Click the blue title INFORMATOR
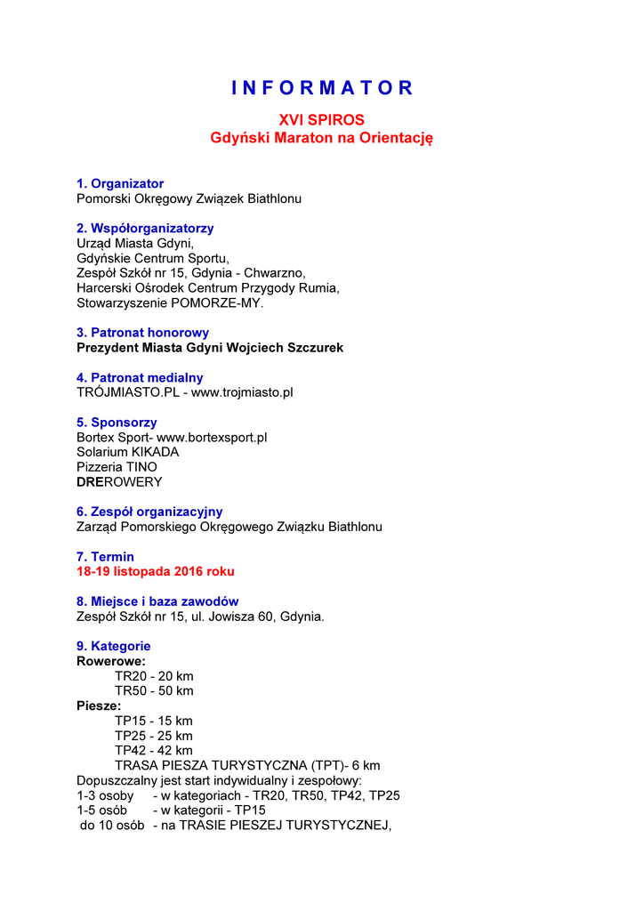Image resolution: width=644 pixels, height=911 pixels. click(x=322, y=88)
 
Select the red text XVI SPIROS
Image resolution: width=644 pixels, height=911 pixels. click(x=321, y=120)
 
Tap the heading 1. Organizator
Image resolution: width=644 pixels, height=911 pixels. click(x=120, y=183)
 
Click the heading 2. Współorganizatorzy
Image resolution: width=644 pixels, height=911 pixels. click(x=145, y=228)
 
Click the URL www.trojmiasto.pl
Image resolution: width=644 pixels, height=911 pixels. click(x=242, y=392)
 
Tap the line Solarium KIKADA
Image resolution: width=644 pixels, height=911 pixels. click(x=127, y=452)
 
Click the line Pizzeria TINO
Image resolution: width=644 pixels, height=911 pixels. click(x=117, y=467)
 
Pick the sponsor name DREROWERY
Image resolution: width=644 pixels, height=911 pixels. click(x=119, y=482)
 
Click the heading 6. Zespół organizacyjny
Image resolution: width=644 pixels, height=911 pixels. click(x=149, y=512)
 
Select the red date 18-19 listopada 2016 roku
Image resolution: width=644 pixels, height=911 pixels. click(x=156, y=571)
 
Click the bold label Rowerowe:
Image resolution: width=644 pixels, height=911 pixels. click(x=111, y=661)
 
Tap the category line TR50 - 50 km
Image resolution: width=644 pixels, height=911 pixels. click(x=154, y=691)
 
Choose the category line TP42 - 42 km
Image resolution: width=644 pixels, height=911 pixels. click(x=153, y=751)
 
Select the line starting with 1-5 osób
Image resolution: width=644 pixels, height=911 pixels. click(x=171, y=810)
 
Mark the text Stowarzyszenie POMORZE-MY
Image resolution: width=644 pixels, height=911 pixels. click(x=170, y=303)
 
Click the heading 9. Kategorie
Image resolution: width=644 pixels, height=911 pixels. click(x=114, y=646)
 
